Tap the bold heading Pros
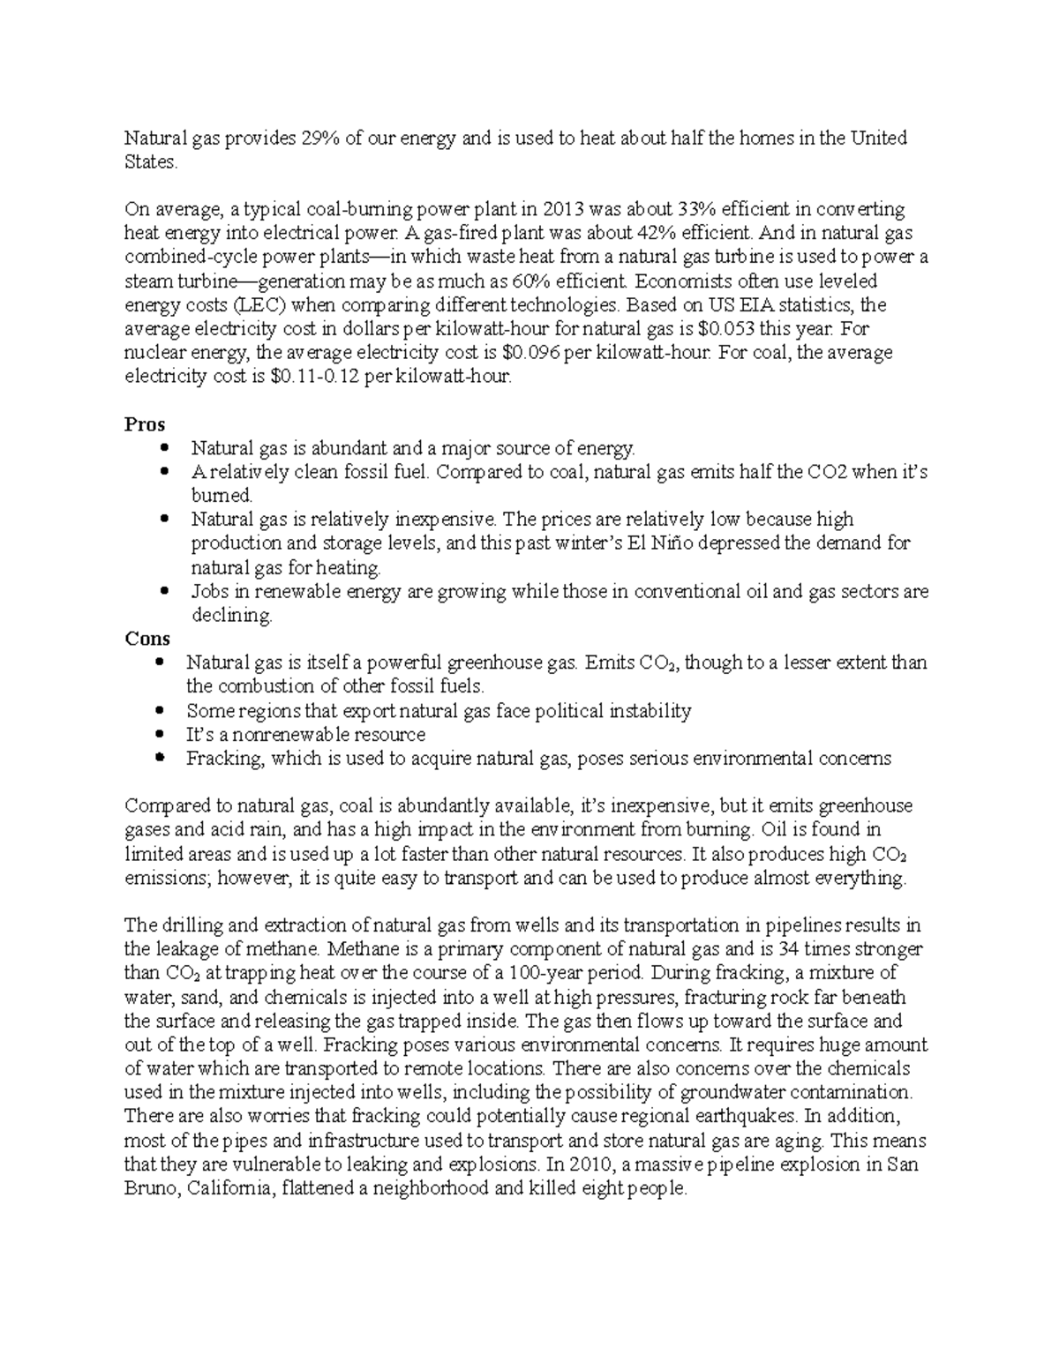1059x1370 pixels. click(x=145, y=424)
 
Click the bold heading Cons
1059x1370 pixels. click(x=147, y=639)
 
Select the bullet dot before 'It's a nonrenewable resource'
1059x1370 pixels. click(x=159, y=734)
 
